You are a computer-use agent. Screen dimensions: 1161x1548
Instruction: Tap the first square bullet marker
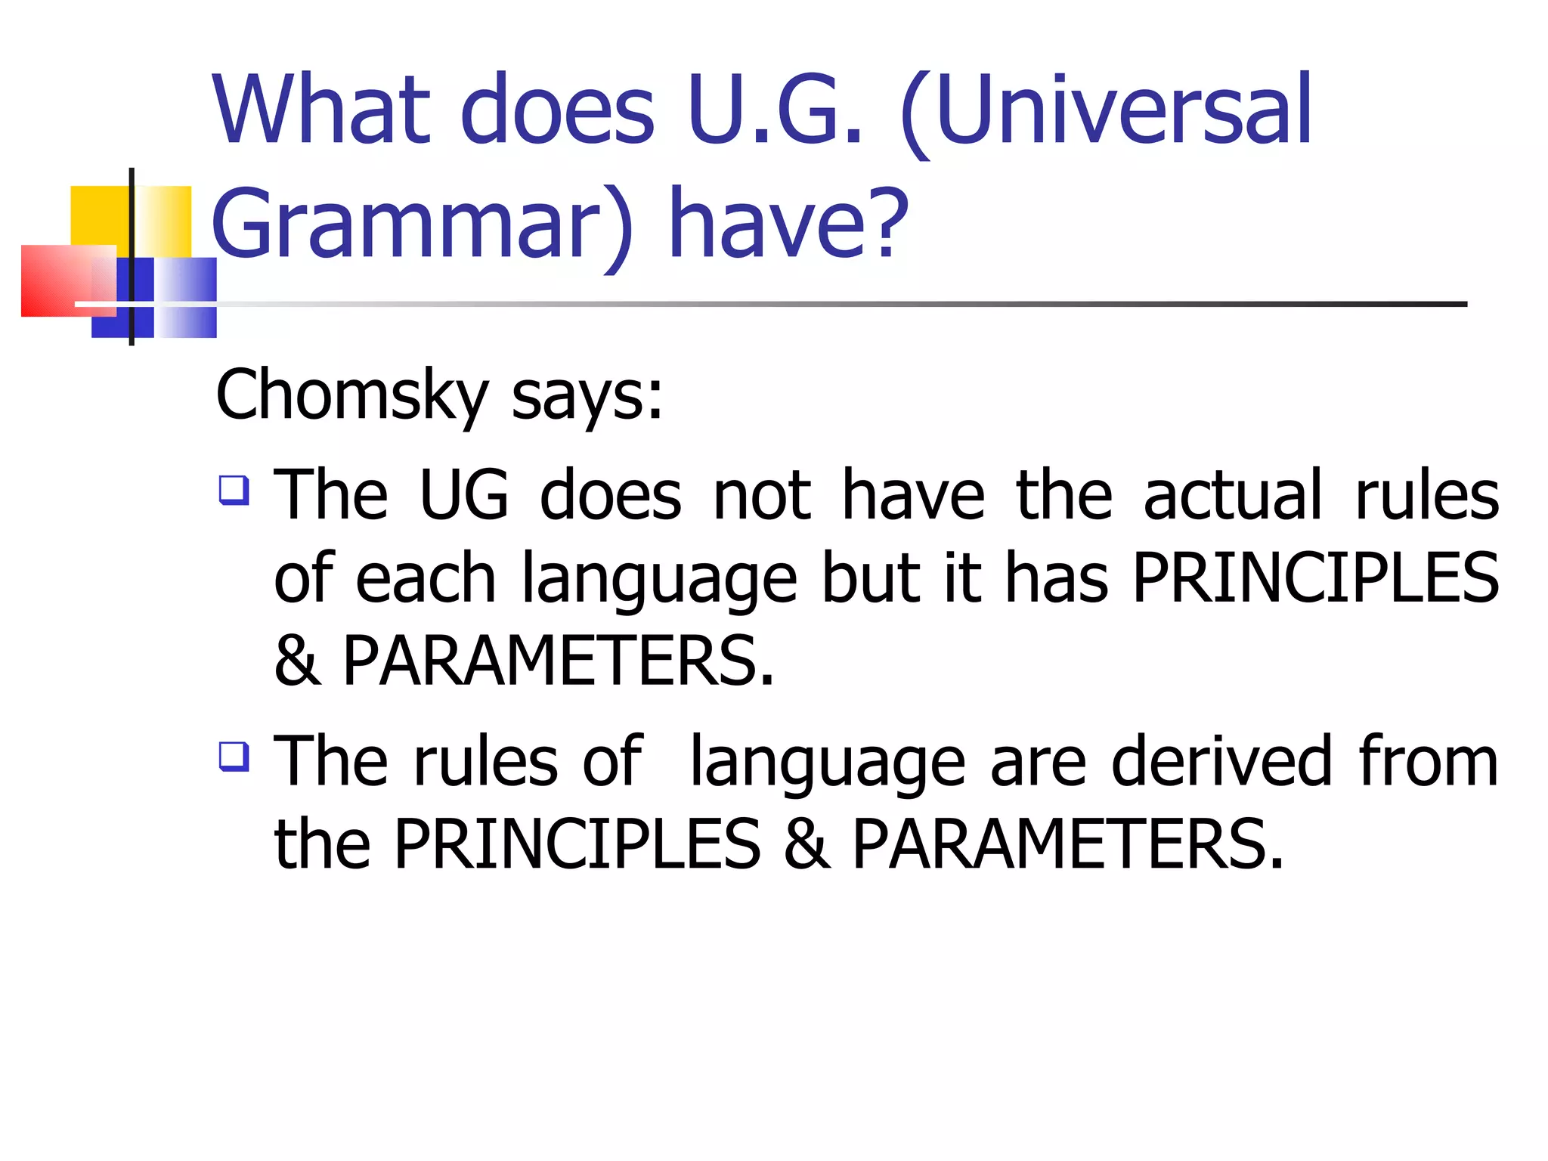click(234, 489)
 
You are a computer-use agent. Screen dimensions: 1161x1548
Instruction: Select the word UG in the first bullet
click(464, 495)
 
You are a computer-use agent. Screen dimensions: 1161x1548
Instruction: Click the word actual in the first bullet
click(1233, 495)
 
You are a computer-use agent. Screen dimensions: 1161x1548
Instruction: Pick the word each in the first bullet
click(426, 578)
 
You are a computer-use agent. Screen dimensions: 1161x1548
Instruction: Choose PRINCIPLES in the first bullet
click(1315, 578)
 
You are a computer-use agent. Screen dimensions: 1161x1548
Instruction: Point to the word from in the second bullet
click(1428, 762)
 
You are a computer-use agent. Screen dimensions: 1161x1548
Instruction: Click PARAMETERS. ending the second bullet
click(1068, 844)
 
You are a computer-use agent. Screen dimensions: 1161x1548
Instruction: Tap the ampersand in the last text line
click(807, 844)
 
